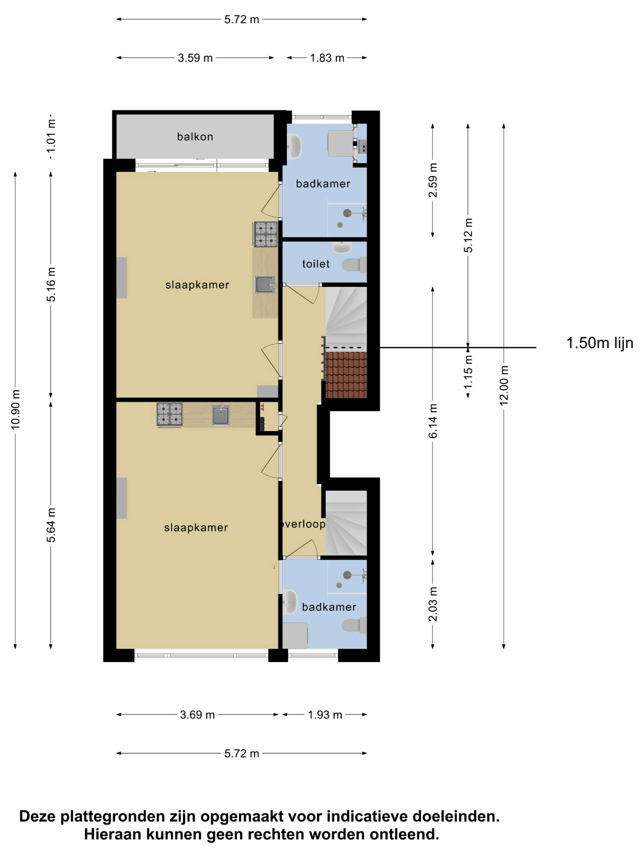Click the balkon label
click(x=195, y=137)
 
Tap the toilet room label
click(x=316, y=264)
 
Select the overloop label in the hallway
click(x=303, y=524)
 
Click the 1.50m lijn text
click(x=600, y=343)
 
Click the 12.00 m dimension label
click(x=504, y=385)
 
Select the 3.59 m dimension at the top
click(x=195, y=58)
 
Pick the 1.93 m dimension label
click(x=325, y=715)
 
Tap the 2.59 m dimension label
click(x=433, y=180)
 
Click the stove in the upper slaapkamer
click(x=266, y=234)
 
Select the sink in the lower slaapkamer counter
click(x=220, y=415)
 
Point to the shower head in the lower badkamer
click(x=347, y=575)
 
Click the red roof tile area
click(x=346, y=375)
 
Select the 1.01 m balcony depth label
click(x=51, y=137)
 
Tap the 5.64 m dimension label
click(x=51, y=525)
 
